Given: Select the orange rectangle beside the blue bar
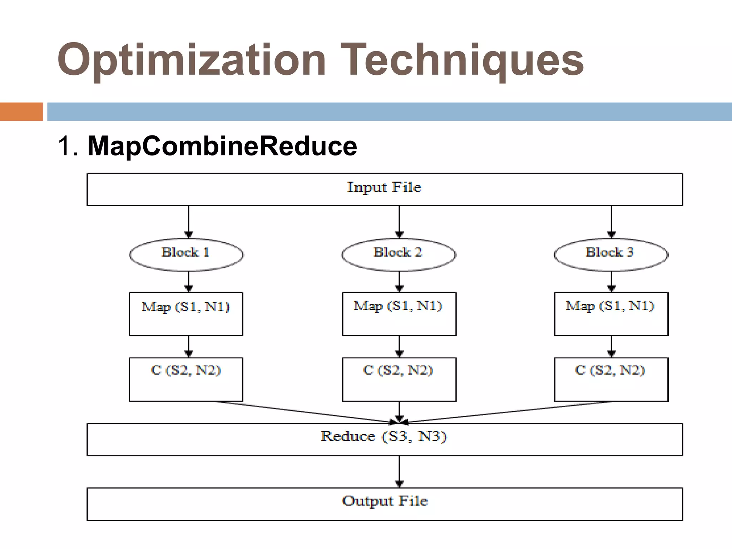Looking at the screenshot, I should [x=21, y=112].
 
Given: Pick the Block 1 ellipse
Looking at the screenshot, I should [x=186, y=254].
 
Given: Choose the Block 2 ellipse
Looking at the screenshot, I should [x=399, y=254].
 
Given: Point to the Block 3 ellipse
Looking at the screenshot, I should [x=611, y=254].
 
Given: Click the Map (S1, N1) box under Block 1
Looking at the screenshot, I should [x=186, y=314].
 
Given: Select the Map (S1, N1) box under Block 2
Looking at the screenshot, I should [x=399, y=314].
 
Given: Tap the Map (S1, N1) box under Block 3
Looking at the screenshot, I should [x=611, y=314].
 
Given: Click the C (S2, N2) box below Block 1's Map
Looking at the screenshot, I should [x=186, y=379].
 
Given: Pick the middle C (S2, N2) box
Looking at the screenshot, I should [x=399, y=379].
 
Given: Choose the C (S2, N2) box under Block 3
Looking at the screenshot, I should [x=611, y=379].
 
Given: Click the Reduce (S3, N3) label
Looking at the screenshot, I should [x=384, y=437].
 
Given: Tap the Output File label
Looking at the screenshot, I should [x=385, y=501].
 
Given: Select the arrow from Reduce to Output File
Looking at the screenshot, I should [x=399, y=471].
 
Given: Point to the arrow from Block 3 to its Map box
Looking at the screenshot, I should [x=611, y=281].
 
